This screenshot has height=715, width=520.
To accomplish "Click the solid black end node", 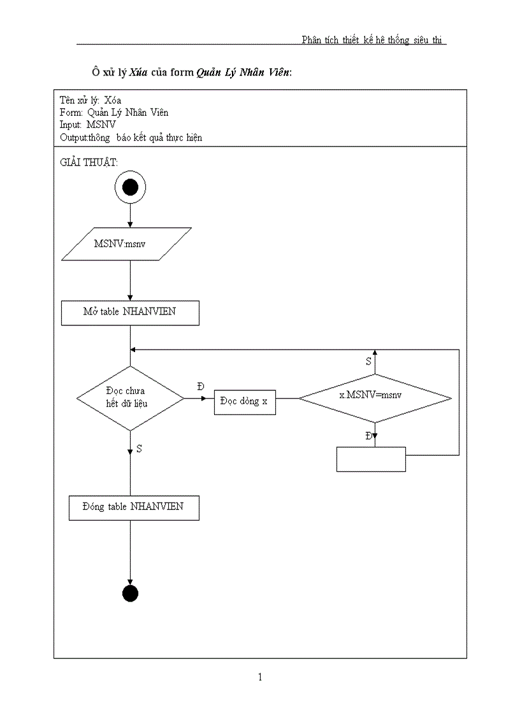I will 130,593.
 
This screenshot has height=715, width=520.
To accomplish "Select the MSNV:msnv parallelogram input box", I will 126,244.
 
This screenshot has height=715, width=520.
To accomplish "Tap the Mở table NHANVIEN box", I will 130,313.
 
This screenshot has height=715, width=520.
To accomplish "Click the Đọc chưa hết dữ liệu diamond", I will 130,398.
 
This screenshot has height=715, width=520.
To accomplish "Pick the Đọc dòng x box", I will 245,402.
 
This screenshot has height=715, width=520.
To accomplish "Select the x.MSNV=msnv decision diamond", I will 375,398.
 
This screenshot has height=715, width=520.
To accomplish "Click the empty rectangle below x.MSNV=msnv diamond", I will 371,459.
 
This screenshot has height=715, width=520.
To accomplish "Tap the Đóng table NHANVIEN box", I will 133,507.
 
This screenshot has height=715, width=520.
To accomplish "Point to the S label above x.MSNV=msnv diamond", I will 368,361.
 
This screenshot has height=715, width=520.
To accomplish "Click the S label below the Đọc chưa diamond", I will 140,449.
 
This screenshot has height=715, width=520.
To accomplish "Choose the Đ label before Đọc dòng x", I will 201,386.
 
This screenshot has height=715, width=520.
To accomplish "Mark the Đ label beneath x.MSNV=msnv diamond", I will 368,436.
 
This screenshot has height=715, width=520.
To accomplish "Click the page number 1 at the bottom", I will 260,677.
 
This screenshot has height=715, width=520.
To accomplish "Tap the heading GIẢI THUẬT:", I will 89,162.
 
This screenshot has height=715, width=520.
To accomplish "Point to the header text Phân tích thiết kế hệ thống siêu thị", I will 373,40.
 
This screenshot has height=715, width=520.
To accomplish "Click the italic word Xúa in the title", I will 138,72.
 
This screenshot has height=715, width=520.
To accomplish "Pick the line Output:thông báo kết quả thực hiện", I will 131,137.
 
